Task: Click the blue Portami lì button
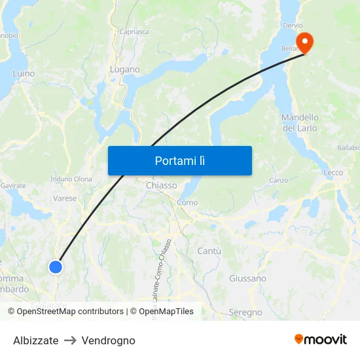[x=179, y=160]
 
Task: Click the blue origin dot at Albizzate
[x=56, y=266]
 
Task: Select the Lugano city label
[x=125, y=69]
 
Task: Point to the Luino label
[x=24, y=74]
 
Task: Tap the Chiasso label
[x=162, y=185]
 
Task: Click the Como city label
[x=187, y=202]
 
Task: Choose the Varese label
[x=65, y=198]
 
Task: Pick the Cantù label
[x=209, y=251]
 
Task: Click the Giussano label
[x=247, y=278]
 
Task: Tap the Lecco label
[x=333, y=173]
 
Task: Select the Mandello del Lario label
[x=300, y=122]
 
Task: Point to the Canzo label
[x=278, y=180]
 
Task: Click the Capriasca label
[x=133, y=31]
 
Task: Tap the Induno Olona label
[x=71, y=179]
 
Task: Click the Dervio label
[x=293, y=26]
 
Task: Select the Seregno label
[x=246, y=313]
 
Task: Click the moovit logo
[x=320, y=340]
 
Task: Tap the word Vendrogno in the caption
[x=109, y=340]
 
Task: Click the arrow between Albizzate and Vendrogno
[x=70, y=340]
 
